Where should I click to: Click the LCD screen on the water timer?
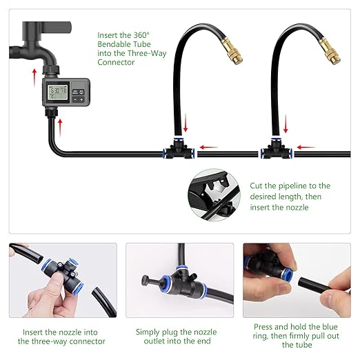click(x=54, y=90)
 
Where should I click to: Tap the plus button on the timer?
click(x=80, y=99)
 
